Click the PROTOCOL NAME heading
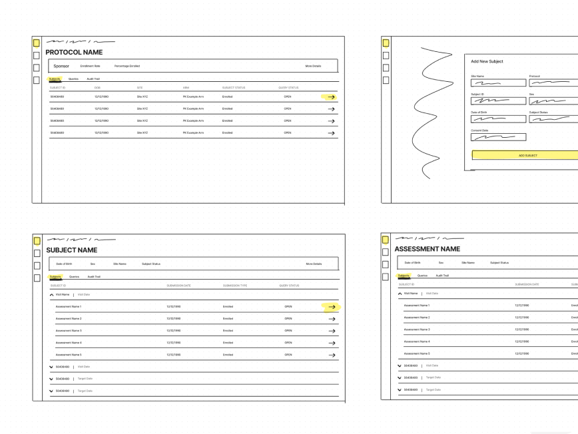[74, 53]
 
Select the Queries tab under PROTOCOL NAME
[73, 79]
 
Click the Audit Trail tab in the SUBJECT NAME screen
[94, 276]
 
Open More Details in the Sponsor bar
[313, 66]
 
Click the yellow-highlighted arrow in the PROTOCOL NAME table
[330, 97]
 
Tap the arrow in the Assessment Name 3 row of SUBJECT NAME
[331, 331]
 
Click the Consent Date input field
[498, 137]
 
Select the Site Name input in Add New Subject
[498, 83]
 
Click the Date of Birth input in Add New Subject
[498, 119]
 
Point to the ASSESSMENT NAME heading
[427, 249]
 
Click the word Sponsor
[61, 66]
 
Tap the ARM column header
[186, 88]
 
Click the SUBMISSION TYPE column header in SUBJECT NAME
[234, 286]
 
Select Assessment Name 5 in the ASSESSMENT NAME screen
[417, 353]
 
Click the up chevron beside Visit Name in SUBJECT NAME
[52, 294]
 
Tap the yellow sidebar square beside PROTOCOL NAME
[37, 43]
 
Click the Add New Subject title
[487, 61]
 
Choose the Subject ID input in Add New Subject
[498, 101]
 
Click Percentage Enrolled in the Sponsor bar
[127, 66]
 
